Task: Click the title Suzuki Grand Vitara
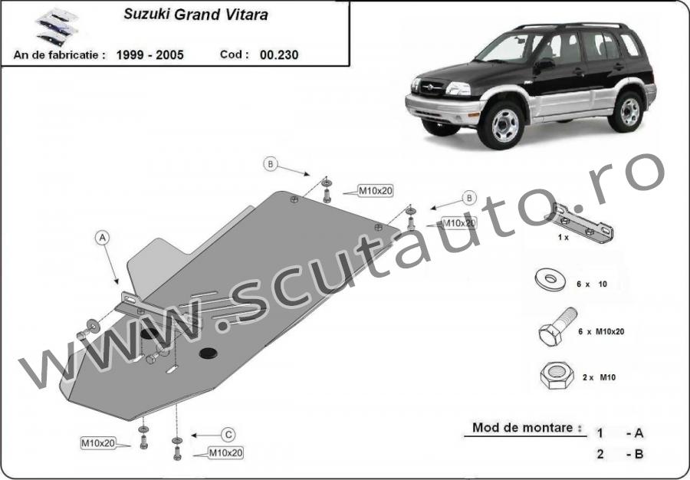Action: (x=195, y=15)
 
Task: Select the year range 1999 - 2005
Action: (x=150, y=55)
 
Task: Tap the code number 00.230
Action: (x=279, y=55)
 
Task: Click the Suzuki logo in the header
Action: (x=57, y=28)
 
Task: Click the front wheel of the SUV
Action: (x=501, y=125)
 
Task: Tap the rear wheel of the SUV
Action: (x=626, y=112)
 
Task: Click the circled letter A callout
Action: (x=102, y=238)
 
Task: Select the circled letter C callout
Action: (x=228, y=435)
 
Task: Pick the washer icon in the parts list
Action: (x=550, y=281)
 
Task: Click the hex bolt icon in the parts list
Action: (x=557, y=327)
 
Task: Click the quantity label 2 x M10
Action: (x=599, y=377)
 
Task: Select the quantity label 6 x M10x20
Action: (x=601, y=332)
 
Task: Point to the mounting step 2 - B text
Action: (x=620, y=454)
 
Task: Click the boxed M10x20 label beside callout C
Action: (x=225, y=452)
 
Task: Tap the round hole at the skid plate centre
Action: (x=208, y=353)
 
